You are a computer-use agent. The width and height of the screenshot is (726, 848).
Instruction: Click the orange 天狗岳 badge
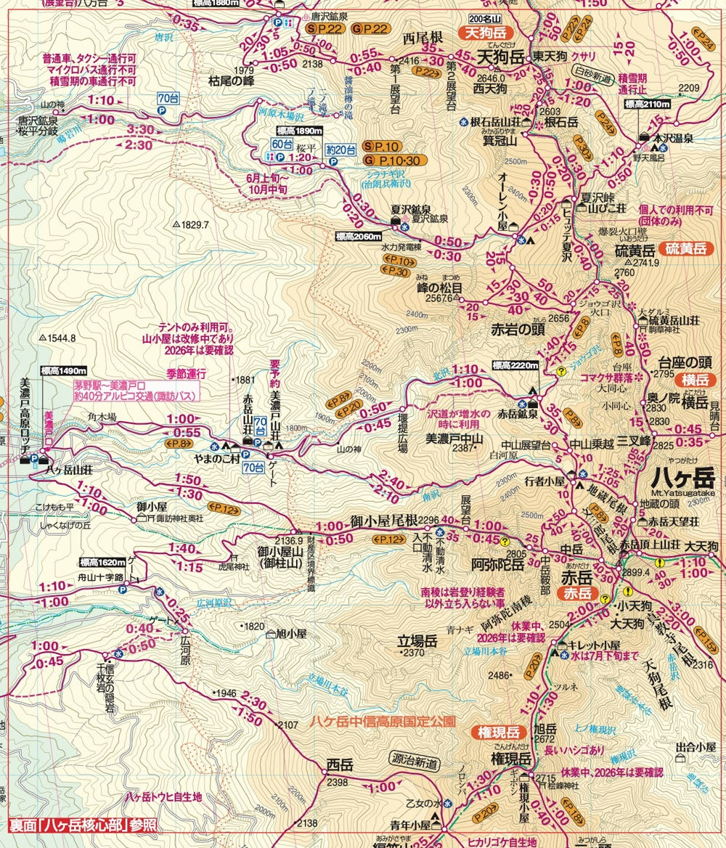point(485,33)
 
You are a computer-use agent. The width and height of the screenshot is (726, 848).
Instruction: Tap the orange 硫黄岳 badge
point(687,249)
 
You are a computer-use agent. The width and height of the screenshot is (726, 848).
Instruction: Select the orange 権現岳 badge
point(497,731)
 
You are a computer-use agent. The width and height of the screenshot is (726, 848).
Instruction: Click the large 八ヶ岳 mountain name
point(682,479)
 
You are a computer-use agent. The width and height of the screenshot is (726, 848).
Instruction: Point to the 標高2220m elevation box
point(515,364)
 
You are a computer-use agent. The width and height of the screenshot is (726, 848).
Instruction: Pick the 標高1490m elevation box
point(63,371)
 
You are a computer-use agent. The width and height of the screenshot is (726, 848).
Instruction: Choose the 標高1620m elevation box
point(104,562)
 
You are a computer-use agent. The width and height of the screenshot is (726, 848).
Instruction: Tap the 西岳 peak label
point(339,765)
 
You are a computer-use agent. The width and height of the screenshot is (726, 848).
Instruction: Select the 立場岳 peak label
point(415,642)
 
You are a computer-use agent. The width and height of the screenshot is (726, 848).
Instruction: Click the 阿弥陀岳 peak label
point(497,563)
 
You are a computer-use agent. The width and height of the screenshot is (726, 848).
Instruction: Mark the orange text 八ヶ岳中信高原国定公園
point(383,722)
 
